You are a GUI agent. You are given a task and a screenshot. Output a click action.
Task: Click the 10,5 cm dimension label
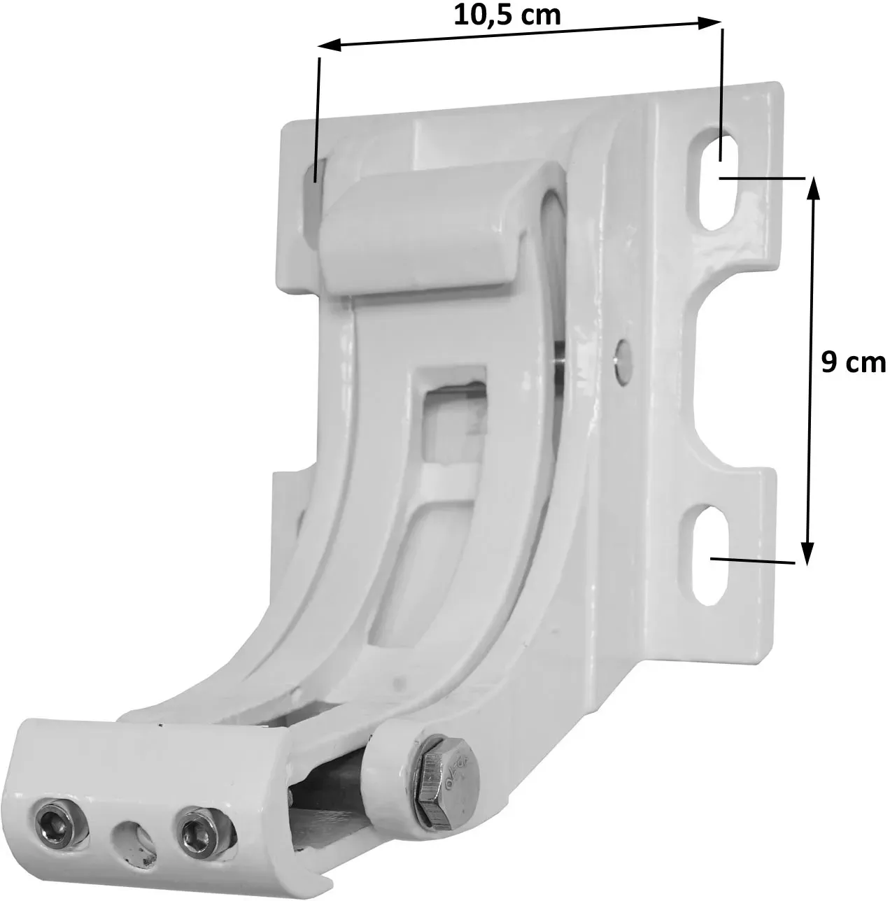click(507, 16)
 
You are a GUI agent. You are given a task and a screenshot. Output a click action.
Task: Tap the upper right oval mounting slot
click(716, 185)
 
